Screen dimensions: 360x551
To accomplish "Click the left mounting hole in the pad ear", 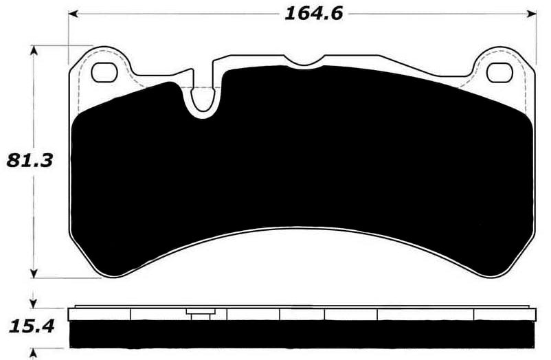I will click(104, 71).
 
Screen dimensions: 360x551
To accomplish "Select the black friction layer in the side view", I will click(302, 334).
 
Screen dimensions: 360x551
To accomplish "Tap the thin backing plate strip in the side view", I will click(302, 307).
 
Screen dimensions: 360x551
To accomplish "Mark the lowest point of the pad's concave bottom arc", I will click(302, 229).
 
